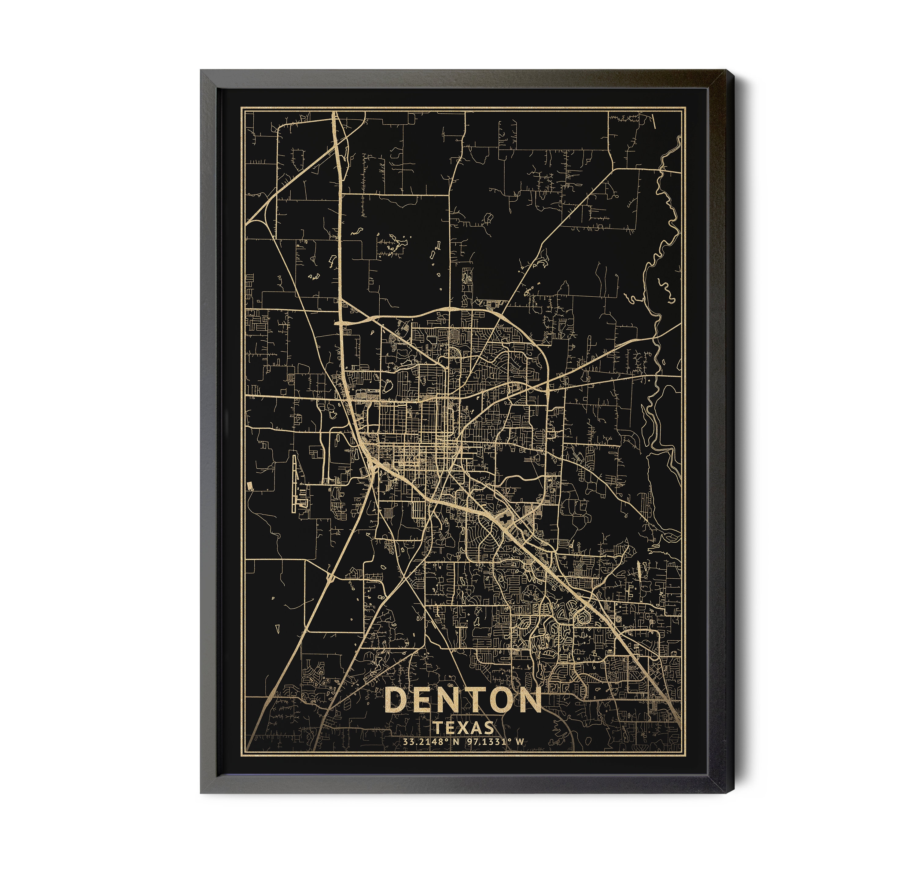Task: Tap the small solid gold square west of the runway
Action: click(250, 486)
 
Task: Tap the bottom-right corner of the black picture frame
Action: click(726, 793)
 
